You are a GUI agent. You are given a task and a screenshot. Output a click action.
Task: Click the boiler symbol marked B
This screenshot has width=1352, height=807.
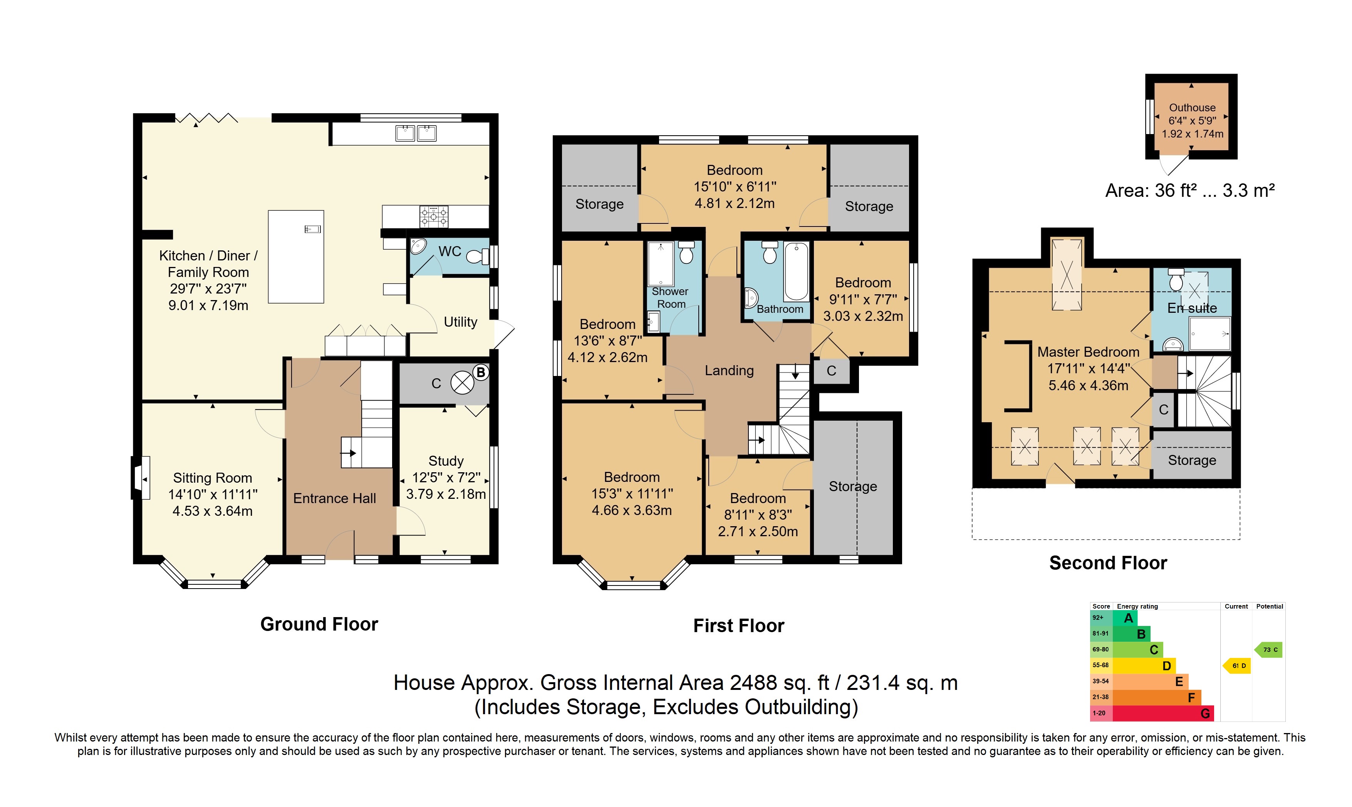click(x=463, y=383)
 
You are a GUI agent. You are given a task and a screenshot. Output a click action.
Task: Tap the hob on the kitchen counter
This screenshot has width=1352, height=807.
click(x=434, y=216)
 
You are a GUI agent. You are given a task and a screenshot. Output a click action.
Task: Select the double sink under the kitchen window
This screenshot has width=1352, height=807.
click(x=416, y=133)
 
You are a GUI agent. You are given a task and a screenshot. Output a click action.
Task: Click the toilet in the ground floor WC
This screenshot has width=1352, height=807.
click(x=478, y=256)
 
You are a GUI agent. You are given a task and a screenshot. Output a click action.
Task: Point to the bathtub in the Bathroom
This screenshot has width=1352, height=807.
click(x=796, y=271)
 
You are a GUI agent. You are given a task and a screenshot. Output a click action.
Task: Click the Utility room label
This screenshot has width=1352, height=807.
click(x=460, y=322)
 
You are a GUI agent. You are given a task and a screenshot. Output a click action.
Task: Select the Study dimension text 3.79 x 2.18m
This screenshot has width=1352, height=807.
click(x=446, y=494)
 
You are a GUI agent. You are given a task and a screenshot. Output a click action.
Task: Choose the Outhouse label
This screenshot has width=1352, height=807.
click(x=1192, y=108)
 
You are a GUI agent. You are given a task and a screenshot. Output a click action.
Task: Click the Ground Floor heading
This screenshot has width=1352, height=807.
click(x=319, y=624)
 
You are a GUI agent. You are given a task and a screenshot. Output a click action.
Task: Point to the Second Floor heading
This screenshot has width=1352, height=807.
click(x=1108, y=563)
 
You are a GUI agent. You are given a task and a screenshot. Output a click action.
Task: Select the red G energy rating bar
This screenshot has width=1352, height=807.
click(x=1163, y=713)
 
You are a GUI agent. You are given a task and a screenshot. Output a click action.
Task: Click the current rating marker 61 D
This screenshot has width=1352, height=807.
click(x=1237, y=666)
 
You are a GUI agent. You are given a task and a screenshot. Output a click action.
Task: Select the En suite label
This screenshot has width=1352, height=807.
click(x=1192, y=308)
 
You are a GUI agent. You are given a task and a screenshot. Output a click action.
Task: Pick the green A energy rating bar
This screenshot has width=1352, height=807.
click(x=1125, y=618)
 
